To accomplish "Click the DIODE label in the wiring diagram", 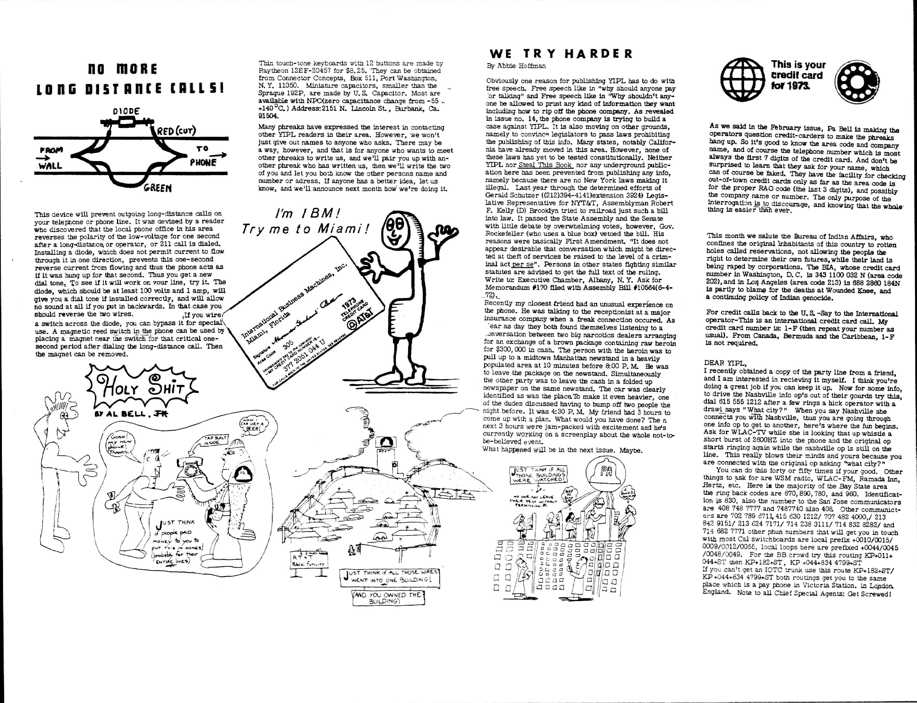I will (x=126, y=111).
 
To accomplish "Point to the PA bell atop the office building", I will (x=605, y=473).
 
